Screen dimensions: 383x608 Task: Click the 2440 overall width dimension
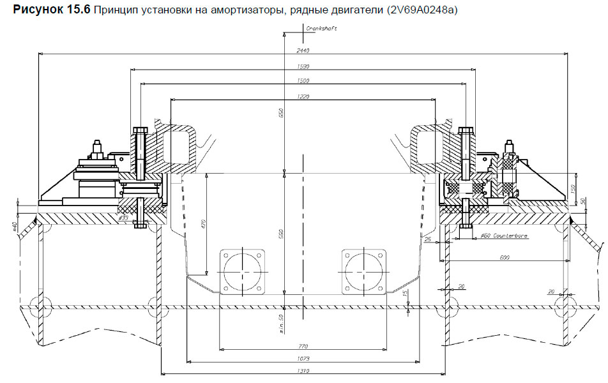[303, 50]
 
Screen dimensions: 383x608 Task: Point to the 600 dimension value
[505, 257]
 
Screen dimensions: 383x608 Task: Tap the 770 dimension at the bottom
[303, 346]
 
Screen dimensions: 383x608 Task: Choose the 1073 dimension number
[303, 359]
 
